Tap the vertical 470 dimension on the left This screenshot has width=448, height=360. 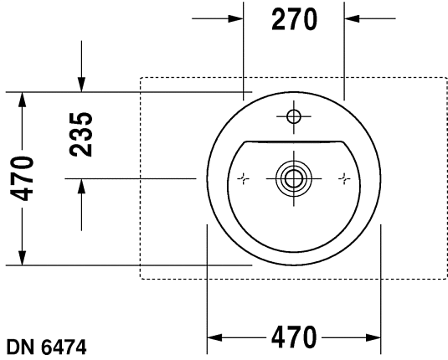tap(23, 178)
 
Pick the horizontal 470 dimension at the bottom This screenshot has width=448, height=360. tap(293, 338)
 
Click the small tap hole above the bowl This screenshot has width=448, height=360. tap(294, 116)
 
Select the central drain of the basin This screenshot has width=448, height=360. tap(293, 177)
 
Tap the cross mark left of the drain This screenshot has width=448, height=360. tap(243, 177)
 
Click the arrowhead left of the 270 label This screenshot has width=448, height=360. tap(236, 18)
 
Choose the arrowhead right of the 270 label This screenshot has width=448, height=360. tap(352, 18)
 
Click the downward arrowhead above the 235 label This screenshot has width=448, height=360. tap(80, 85)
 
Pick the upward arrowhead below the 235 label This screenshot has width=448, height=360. tap(80, 186)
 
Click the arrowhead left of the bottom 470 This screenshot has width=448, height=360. tap(214, 338)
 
